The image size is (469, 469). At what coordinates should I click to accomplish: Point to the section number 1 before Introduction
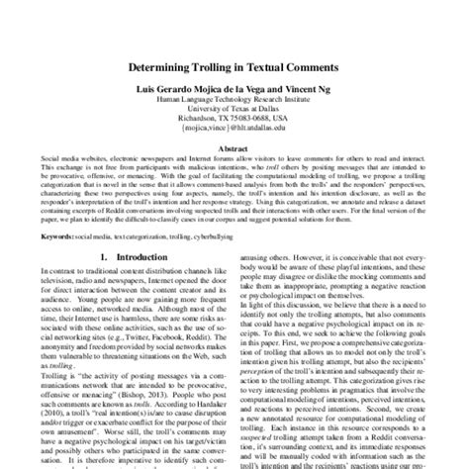[x=91, y=256]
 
